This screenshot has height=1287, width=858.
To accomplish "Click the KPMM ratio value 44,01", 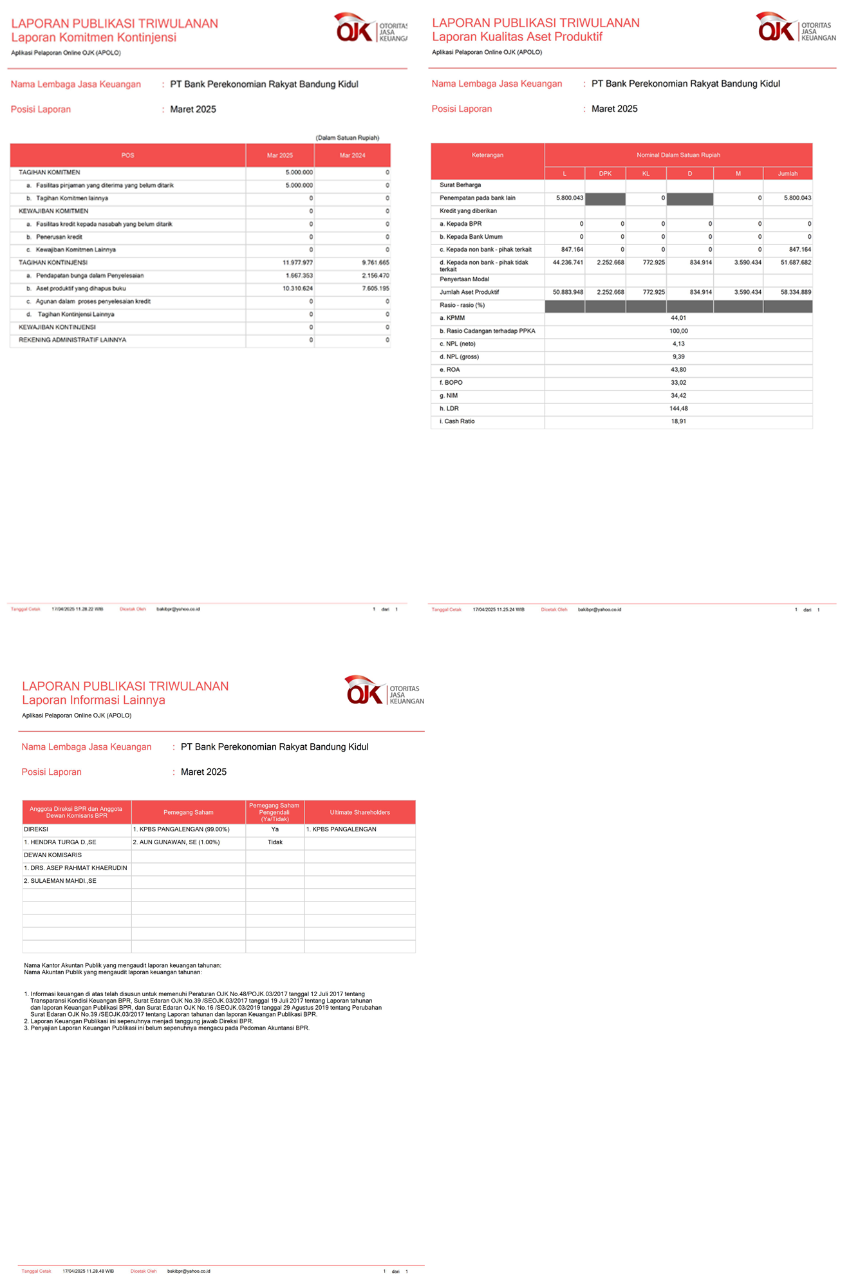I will tap(678, 318).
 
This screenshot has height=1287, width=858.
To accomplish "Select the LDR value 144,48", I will tap(678, 409).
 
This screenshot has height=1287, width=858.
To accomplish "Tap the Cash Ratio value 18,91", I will tap(678, 421).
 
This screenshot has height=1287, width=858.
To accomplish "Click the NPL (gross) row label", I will tap(459, 357).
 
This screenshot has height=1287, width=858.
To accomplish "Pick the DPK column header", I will tap(605, 174).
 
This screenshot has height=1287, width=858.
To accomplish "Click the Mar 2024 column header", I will tap(352, 156).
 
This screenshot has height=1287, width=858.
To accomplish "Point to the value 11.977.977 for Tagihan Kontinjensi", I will tap(297, 263).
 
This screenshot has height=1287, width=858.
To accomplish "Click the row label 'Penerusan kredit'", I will tap(59, 237).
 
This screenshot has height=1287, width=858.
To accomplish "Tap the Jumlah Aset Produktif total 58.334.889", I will tap(797, 292).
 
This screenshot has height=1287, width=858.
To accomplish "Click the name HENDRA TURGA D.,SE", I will tap(60, 842).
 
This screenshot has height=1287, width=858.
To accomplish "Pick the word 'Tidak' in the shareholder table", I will tap(275, 842).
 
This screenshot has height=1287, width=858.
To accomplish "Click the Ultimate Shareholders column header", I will tap(360, 812).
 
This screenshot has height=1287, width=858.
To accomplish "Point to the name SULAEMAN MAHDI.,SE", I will tap(60, 881).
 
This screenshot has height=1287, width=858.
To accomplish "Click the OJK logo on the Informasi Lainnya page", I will tap(384, 690).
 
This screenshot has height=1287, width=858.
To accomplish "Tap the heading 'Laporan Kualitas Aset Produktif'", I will tap(517, 37).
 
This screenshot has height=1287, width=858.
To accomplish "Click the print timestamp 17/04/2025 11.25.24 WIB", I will tap(498, 609).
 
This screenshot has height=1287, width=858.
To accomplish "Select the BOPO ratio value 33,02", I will tap(678, 383).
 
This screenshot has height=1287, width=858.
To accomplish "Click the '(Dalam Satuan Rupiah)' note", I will tap(347, 138).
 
